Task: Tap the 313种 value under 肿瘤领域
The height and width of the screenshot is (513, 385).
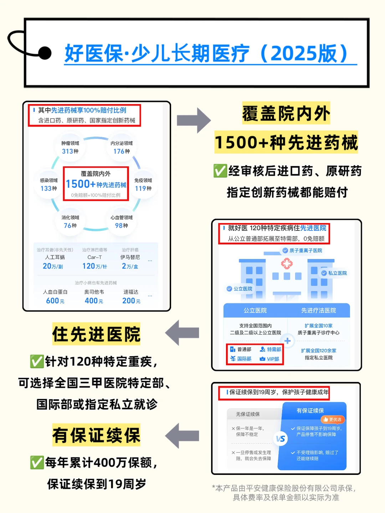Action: [70, 151]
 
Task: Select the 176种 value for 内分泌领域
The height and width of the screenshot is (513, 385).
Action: [122, 151]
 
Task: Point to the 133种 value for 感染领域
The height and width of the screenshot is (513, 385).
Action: [48, 188]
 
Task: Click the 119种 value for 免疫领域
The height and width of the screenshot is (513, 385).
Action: [143, 188]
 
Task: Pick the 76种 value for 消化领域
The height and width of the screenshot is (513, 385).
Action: [70, 226]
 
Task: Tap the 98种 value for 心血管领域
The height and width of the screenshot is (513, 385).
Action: [121, 226]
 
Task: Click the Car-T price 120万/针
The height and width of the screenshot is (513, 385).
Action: [94, 266]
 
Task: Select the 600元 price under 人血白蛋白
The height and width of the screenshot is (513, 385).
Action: [55, 301]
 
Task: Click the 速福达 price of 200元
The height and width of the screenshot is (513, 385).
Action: [131, 301]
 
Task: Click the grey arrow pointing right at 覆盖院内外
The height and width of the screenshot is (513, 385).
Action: [194, 120]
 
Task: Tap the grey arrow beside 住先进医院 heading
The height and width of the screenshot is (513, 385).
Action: [182, 333]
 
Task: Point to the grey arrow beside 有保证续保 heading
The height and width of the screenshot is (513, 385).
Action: [182, 436]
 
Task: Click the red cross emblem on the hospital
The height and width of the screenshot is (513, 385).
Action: [287, 264]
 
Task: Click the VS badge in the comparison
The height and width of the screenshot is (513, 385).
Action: [281, 439]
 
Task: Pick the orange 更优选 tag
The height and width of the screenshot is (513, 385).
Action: [333, 420]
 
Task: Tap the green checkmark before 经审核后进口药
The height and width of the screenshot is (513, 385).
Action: [220, 171]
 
